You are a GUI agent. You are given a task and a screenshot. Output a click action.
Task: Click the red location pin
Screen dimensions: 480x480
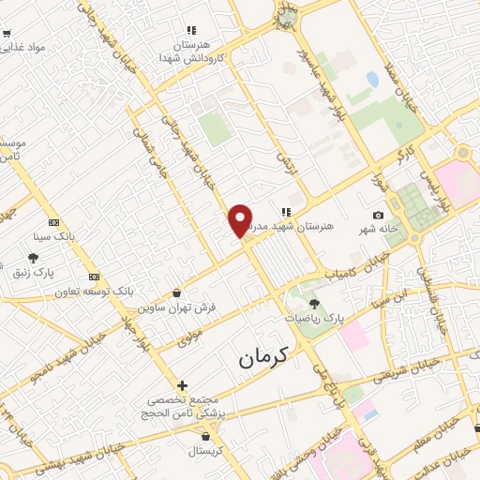pos(241,220)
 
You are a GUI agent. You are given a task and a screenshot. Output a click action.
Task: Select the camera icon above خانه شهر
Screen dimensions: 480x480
pos(378,216)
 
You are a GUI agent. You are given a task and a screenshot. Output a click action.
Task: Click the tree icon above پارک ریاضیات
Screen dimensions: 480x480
pos(314,303)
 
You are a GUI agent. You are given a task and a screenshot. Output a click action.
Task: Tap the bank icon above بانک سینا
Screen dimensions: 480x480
pos(53,223)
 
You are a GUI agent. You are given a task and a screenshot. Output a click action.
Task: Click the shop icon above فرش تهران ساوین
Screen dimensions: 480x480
pos(177,293)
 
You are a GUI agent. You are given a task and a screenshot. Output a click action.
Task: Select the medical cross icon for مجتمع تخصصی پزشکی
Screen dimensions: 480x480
pos(182,385)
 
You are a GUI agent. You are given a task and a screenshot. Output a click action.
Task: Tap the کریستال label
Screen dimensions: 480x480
pos(218,451)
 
